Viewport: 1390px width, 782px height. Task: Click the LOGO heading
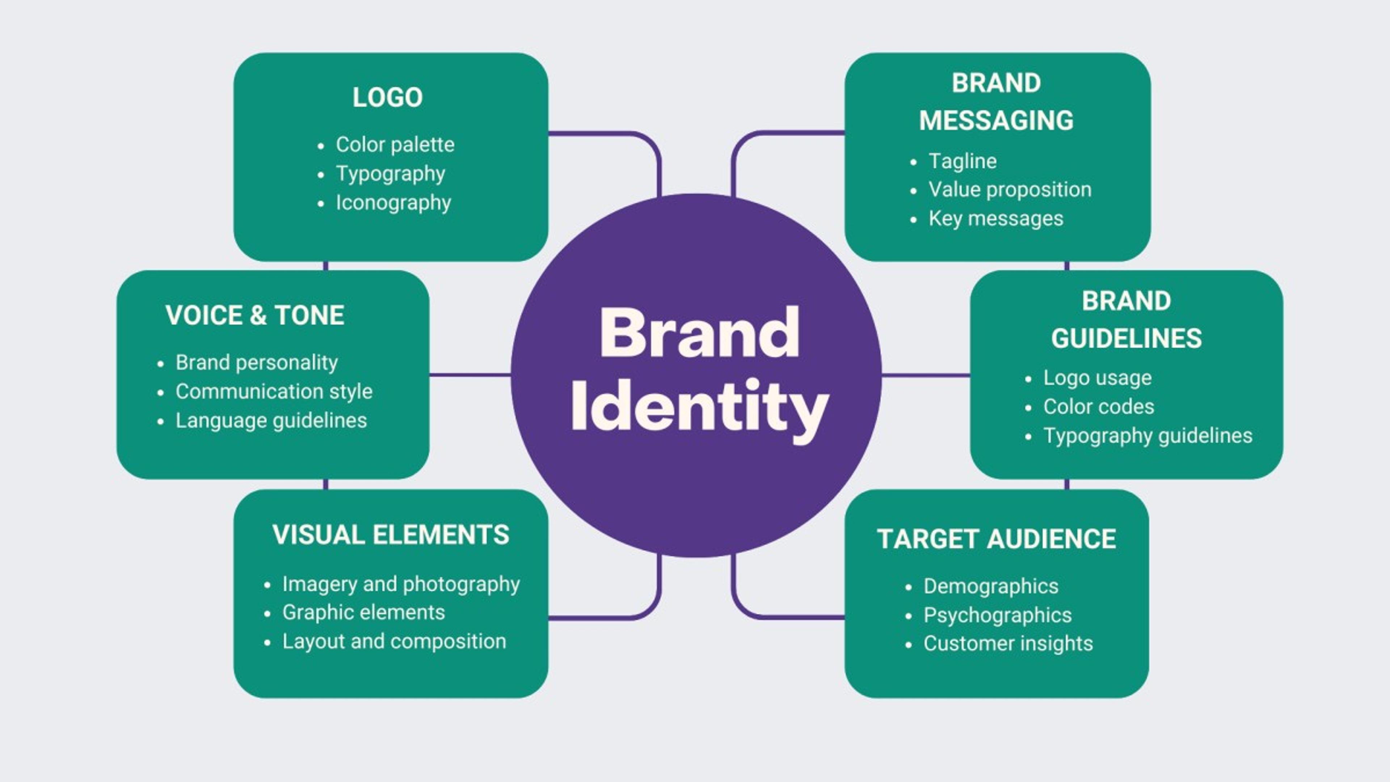pos(387,98)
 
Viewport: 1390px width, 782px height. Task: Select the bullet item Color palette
pos(395,145)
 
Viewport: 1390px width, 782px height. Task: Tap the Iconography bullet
pos(393,203)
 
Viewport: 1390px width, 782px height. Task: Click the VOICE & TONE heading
pos(255,315)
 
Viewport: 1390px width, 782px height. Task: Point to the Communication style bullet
pos(274,391)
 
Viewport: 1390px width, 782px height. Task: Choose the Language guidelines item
pos(271,420)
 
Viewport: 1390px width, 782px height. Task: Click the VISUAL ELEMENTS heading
pos(391,535)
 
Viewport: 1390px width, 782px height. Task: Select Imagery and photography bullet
pos(401,584)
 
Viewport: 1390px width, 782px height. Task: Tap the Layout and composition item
pos(394,642)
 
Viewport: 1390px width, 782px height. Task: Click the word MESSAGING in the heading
pos(996,120)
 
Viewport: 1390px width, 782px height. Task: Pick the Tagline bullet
pos(962,161)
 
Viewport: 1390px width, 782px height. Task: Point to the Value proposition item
pos(1010,189)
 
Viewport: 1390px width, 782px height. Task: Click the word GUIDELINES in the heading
pos(1126,339)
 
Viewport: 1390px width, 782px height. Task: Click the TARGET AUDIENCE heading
pos(996,539)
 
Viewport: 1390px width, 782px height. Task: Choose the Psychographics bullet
pos(997,615)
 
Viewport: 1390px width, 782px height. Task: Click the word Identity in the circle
pos(699,406)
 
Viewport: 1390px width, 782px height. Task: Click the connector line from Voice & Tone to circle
pos(470,375)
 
